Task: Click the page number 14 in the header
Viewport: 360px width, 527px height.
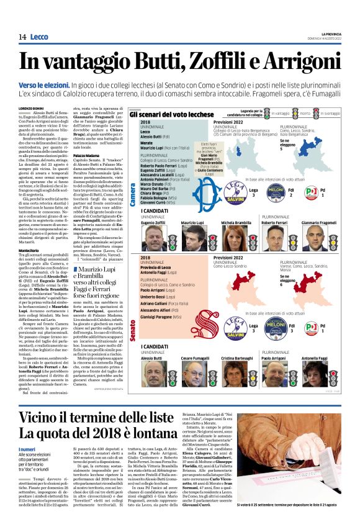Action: (x=22, y=38)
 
